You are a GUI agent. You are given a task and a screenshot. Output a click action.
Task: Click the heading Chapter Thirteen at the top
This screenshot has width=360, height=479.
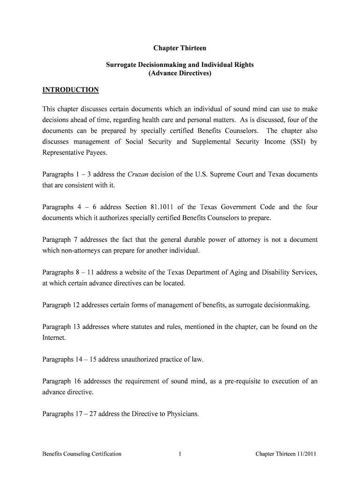(180, 48)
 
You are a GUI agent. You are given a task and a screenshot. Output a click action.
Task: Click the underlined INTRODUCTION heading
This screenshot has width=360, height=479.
(71, 90)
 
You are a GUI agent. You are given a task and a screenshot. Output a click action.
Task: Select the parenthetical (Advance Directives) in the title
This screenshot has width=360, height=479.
(180, 73)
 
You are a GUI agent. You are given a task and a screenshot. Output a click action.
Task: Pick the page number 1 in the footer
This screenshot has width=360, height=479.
(180, 454)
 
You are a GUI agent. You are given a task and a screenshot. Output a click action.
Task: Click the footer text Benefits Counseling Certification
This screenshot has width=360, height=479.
(82, 454)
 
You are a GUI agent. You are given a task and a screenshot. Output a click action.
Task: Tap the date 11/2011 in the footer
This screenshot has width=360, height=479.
(307, 454)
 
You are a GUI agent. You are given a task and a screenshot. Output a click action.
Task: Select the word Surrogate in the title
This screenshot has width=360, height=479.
(120, 65)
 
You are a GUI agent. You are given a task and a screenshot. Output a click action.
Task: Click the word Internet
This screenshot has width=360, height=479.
(54, 337)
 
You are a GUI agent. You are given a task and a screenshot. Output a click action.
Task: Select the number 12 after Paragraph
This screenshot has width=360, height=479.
(76, 305)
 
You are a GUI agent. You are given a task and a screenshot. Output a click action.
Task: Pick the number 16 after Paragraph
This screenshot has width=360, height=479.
(76, 381)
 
